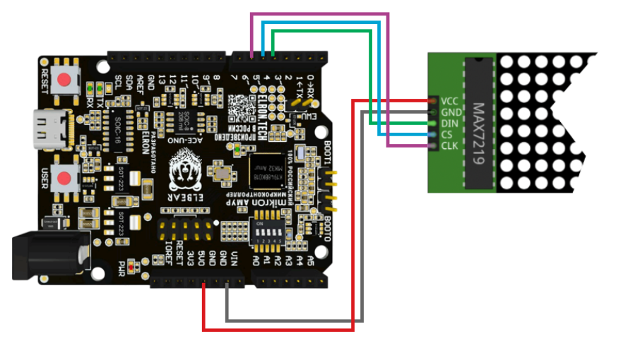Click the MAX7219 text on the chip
point(478,134)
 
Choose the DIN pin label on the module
point(450,124)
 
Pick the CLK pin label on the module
point(450,146)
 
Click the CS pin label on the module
point(447,135)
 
